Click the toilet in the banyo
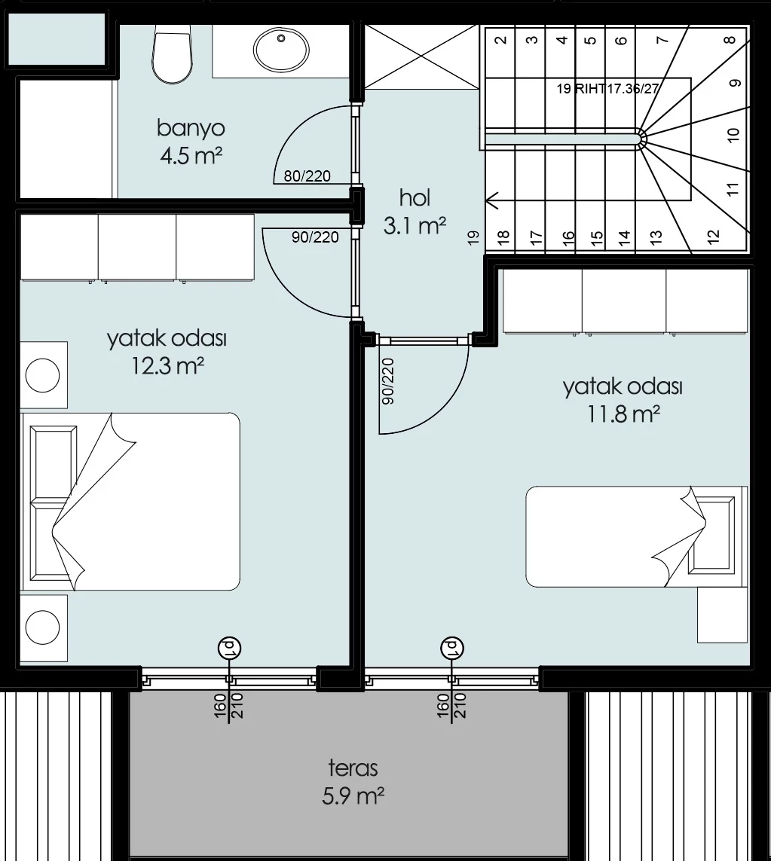point(173,54)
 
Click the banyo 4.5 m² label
point(191,142)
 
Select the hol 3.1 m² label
point(415,212)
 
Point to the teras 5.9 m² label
point(353,781)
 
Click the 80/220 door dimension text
point(307,176)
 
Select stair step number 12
point(713,237)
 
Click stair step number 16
point(568,237)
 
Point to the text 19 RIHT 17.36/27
point(607,88)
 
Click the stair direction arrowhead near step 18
point(491,201)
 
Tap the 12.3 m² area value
point(167,365)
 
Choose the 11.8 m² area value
point(623,414)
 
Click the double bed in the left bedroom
point(131,502)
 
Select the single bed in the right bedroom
point(636,536)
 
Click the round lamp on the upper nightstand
point(43,375)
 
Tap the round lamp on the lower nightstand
point(43,627)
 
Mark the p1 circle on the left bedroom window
point(230,648)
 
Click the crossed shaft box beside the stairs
point(421,56)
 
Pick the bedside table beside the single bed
point(722,615)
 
